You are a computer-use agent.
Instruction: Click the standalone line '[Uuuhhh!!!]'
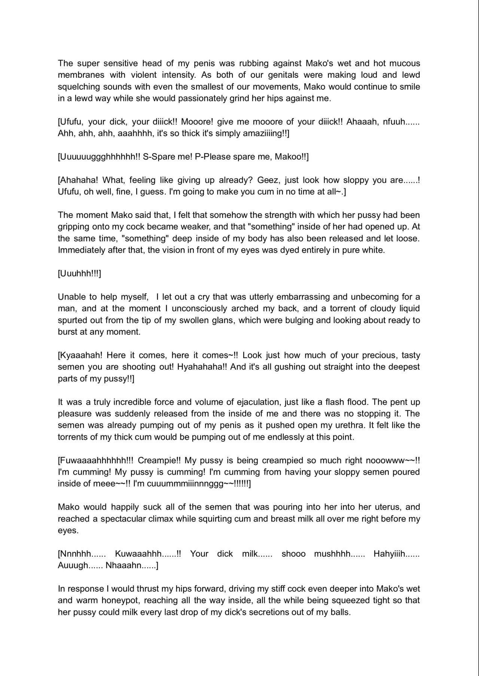(x=79, y=274)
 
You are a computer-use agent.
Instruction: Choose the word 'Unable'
(x=72, y=297)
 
